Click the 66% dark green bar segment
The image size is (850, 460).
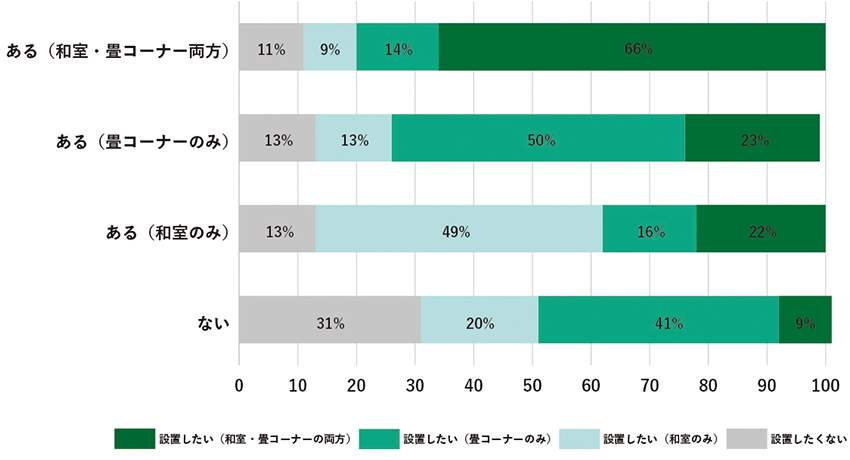click(x=632, y=48)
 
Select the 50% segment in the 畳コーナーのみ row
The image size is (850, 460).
click(x=538, y=139)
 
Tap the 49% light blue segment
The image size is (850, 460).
click(x=459, y=230)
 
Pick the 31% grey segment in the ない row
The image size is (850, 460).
click(x=330, y=322)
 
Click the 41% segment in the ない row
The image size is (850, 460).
click(x=658, y=322)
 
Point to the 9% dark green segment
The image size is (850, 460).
click(x=805, y=322)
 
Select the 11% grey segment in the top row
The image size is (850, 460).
click(x=271, y=48)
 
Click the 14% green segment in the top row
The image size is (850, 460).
click(x=397, y=48)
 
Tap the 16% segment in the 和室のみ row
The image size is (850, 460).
click(x=649, y=230)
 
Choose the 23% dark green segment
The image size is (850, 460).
click(x=752, y=139)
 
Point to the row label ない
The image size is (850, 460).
click(x=214, y=323)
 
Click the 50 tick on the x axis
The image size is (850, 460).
click(x=532, y=384)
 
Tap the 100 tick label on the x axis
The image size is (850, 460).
click(x=825, y=384)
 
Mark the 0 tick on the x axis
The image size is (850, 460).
click(x=239, y=384)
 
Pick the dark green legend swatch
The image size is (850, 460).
click(x=134, y=438)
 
